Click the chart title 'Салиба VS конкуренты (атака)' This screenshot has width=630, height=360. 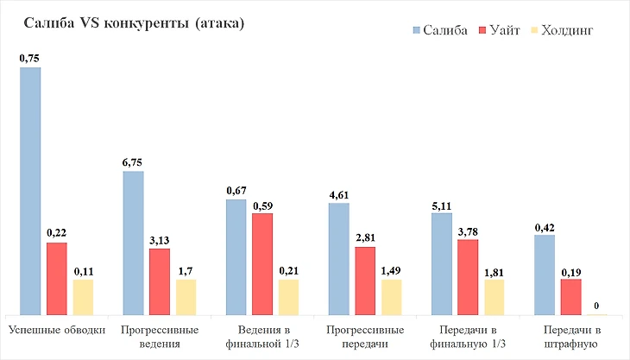click(133, 23)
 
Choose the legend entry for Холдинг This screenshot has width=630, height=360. click(562, 30)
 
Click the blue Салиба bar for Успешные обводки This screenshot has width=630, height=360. click(30, 190)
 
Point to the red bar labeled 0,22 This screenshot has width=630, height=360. click(56, 278)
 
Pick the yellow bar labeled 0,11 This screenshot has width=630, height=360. click(83, 296)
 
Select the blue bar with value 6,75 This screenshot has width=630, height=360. click(133, 243)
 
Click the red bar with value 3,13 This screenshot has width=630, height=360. click(160, 281)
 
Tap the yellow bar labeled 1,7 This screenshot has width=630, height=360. click(186, 296)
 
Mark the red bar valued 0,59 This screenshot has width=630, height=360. click(262, 263)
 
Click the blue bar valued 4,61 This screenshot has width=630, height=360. click(339, 258)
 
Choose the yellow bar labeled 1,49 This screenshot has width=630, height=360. click(392, 296)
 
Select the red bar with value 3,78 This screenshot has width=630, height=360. click(468, 276)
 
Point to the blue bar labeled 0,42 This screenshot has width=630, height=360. click(545, 274)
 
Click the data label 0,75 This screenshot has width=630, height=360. click(30, 59)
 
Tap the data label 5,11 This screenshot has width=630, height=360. click(442, 205)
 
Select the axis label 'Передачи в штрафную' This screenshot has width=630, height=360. click(571, 338)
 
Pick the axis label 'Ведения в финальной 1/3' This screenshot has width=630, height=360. click(262, 338)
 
